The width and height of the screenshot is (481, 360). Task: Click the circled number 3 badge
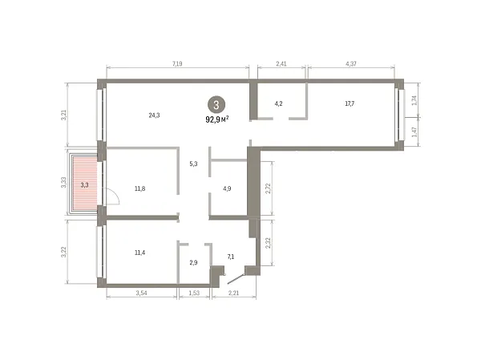[x=216, y=105]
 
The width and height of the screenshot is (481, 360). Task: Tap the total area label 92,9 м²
[x=217, y=119]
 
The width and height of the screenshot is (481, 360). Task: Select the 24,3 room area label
[x=154, y=115]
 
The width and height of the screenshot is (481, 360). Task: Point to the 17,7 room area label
[x=350, y=103]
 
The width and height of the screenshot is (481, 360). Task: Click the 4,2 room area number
[x=278, y=103]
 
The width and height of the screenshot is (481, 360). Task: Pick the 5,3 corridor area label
[x=193, y=164]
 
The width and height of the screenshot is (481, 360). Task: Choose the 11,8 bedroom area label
[x=139, y=188]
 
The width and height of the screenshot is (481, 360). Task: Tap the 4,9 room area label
[x=227, y=188]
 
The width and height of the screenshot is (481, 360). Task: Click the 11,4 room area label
[x=139, y=253]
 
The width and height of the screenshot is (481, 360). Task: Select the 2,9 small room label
[x=193, y=263]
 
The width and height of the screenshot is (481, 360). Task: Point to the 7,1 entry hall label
[x=231, y=257]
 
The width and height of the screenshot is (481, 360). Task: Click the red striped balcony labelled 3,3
[x=85, y=184]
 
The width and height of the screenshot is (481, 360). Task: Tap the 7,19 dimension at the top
[x=177, y=64]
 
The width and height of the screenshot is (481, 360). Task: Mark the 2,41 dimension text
[x=281, y=64]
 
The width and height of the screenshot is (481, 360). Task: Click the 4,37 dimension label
[x=351, y=64]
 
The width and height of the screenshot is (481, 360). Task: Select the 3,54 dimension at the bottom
[x=141, y=293]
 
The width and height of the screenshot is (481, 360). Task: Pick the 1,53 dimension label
[x=194, y=293]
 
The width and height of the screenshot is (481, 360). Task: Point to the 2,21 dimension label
[x=233, y=293]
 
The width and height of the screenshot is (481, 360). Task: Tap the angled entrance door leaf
[x=236, y=278]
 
